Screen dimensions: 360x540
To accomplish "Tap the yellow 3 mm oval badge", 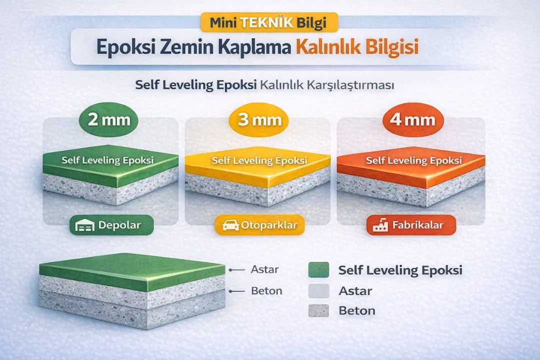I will [258, 120].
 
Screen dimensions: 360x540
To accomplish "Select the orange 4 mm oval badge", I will [412, 120].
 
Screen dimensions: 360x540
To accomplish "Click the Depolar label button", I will [110, 225].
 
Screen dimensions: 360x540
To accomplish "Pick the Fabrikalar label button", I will [411, 225].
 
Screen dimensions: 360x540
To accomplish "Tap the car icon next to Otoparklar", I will [230, 225].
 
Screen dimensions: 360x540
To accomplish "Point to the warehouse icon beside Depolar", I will [84, 226].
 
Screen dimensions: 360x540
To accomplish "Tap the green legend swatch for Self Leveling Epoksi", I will [319, 270].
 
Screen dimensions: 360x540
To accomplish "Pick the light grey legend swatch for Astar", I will [319, 290].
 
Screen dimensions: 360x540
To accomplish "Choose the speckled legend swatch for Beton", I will [319, 310].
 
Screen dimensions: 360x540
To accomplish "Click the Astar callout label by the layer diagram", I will [264, 269].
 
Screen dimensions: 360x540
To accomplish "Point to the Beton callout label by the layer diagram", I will [266, 290].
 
